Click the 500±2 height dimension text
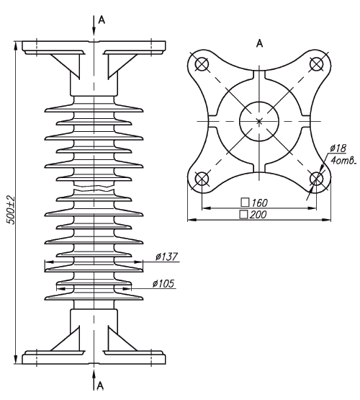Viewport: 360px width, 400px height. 11,210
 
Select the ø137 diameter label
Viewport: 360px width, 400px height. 166,257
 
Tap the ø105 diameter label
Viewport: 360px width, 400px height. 163,283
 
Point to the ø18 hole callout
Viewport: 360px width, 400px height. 338,148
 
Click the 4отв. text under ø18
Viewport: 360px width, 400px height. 343,161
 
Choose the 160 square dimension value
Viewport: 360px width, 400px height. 260,203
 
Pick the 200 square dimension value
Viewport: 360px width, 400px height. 258,215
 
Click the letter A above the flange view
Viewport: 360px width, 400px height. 259,43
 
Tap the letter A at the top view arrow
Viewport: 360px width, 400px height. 102,19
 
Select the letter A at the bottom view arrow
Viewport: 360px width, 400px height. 100,386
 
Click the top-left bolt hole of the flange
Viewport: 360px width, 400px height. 202,64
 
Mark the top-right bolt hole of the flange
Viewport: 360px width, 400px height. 316,64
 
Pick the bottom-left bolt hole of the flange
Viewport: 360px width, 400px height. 202,179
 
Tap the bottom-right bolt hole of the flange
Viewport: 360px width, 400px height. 316,179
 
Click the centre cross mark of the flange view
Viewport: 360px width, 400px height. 259,121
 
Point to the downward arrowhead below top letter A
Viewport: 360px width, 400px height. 94,30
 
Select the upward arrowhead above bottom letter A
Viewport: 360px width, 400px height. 94,375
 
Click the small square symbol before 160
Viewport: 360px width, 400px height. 245,203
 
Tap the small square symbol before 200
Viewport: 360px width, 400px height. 243,215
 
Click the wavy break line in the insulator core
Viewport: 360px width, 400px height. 94,189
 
